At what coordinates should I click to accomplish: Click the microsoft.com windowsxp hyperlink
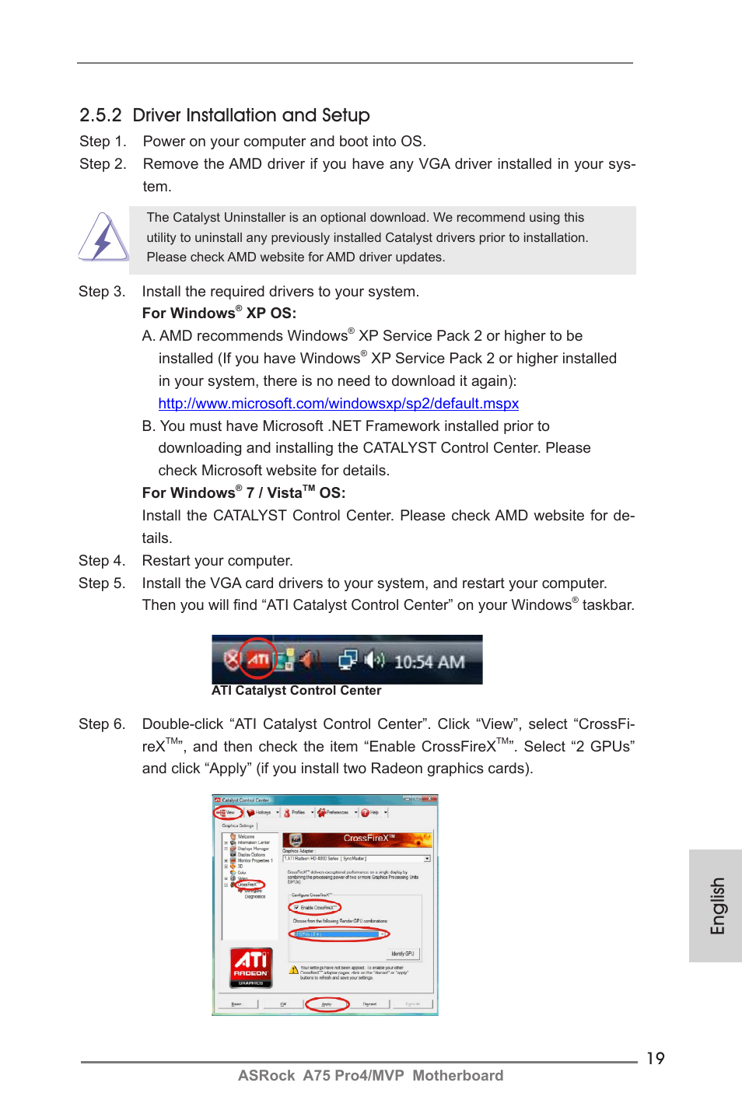[x=338, y=403]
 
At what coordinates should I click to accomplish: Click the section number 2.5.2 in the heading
[x=100, y=115]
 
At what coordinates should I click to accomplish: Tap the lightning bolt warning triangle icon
[x=103, y=238]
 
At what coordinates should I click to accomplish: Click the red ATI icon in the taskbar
[x=257, y=660]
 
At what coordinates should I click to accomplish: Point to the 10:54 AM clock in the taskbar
[x=429, y=662]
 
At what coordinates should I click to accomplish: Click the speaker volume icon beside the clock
[x=374, y=660]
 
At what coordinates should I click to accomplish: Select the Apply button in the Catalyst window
[x=327, y=1004]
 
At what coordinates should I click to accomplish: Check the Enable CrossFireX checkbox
[x=297, y=908]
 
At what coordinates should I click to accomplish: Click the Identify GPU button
[x=403, y=953]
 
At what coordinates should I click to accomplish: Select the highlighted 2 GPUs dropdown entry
[x=338, y=934]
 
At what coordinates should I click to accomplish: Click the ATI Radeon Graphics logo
[x=250, y=967]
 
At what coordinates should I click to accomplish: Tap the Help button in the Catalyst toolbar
[x=371, y=812]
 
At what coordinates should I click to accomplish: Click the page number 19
[x=656, y=1058]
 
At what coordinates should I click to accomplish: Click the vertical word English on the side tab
[x=716, y=906]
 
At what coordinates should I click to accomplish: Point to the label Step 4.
[x=101, y=561]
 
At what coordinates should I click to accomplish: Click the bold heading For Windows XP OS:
[x=219, y=314]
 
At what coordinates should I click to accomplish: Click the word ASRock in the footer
[x=266, y=1075]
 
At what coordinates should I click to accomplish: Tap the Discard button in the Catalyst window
[x=369, y=1004]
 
